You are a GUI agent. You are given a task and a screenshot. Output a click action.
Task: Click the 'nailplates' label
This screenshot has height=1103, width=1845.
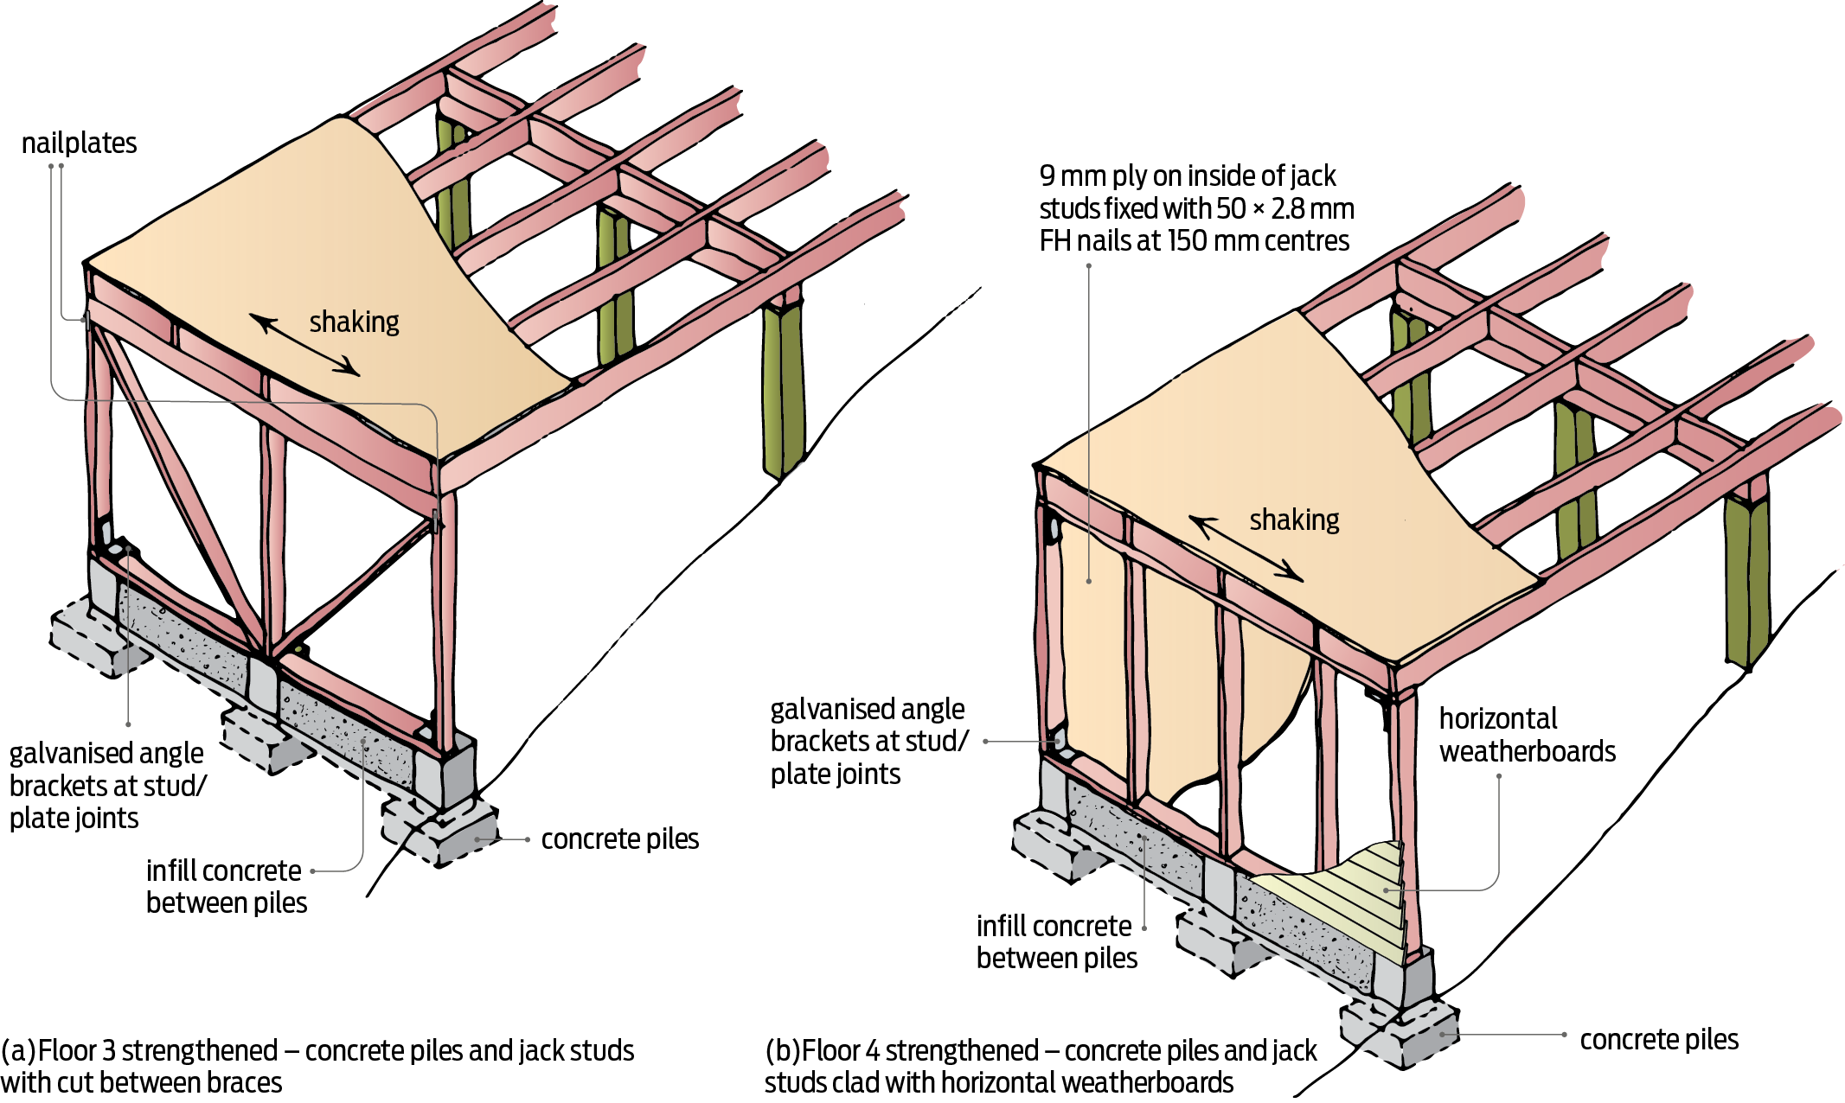tap(79, 143)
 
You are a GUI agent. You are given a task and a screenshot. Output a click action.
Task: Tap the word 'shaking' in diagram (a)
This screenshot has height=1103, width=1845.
tap(354, 322)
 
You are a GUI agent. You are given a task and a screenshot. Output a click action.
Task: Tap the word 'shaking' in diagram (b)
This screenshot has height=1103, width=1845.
tap(1294, 520)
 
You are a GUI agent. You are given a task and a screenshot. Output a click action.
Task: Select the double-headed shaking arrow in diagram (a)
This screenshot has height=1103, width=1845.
tap(304, 345)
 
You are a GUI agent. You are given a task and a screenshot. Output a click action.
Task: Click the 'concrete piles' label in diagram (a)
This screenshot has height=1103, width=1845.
tap(619, 838)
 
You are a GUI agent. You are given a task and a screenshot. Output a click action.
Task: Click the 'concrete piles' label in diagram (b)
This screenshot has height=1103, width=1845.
tap(1658, 1039)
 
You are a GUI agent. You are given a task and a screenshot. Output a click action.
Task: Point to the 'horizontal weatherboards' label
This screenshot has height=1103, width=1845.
tap(1527, 735)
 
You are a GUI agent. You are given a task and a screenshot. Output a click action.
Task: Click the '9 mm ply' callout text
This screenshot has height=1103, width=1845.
tap(1195, 208)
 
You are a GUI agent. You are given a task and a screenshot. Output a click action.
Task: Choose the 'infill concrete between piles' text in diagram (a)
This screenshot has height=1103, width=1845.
tap(226, 886)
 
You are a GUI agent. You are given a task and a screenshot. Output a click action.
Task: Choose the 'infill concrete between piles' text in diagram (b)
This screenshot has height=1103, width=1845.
tap(1056, 941)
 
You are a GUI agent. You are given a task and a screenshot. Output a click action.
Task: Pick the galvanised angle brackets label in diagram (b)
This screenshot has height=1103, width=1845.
tap(868, 741)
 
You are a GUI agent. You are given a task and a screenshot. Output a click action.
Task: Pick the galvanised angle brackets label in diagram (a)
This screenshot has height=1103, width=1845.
tap(107, 785)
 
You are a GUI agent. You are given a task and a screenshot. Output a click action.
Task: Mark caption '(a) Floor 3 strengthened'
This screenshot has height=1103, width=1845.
tap(317, 1066)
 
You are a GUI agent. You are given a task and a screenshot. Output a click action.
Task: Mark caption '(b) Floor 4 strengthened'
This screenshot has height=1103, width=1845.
tap(1041, 1066)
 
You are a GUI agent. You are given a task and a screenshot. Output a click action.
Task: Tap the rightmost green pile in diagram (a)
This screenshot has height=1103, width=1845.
tap(784, 389)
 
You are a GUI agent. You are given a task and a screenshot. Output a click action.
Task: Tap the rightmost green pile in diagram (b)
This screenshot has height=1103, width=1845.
tap(1746, 579)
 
